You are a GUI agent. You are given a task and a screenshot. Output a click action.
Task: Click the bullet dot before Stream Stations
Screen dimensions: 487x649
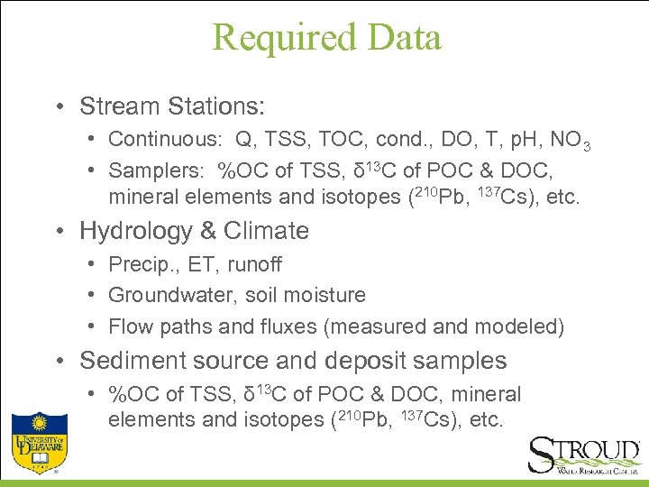coord(57,107)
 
